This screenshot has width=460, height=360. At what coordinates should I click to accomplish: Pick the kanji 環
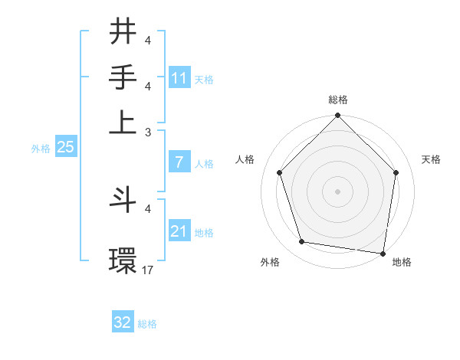123,259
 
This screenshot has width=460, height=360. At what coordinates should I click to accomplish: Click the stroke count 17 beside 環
149,269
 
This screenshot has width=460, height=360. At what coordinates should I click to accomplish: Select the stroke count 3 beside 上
149,131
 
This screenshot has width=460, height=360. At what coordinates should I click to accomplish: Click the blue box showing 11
179,78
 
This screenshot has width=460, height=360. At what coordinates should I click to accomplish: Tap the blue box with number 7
179,162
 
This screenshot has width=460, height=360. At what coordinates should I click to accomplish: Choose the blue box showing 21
179,231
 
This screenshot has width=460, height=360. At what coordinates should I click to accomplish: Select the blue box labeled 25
65,148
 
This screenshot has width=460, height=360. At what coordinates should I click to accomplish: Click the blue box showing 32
123,322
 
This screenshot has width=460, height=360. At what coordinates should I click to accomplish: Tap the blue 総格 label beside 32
147,324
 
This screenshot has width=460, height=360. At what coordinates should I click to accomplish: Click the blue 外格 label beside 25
40,149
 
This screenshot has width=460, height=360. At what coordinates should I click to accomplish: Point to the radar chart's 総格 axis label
337,100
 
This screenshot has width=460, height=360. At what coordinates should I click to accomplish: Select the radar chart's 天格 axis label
431,159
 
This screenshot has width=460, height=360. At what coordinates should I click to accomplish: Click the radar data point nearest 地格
383,253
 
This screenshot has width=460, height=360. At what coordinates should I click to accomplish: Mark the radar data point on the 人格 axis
280,172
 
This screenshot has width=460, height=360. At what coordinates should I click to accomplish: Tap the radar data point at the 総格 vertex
337,116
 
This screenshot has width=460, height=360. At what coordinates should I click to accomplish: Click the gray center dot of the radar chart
337,191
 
